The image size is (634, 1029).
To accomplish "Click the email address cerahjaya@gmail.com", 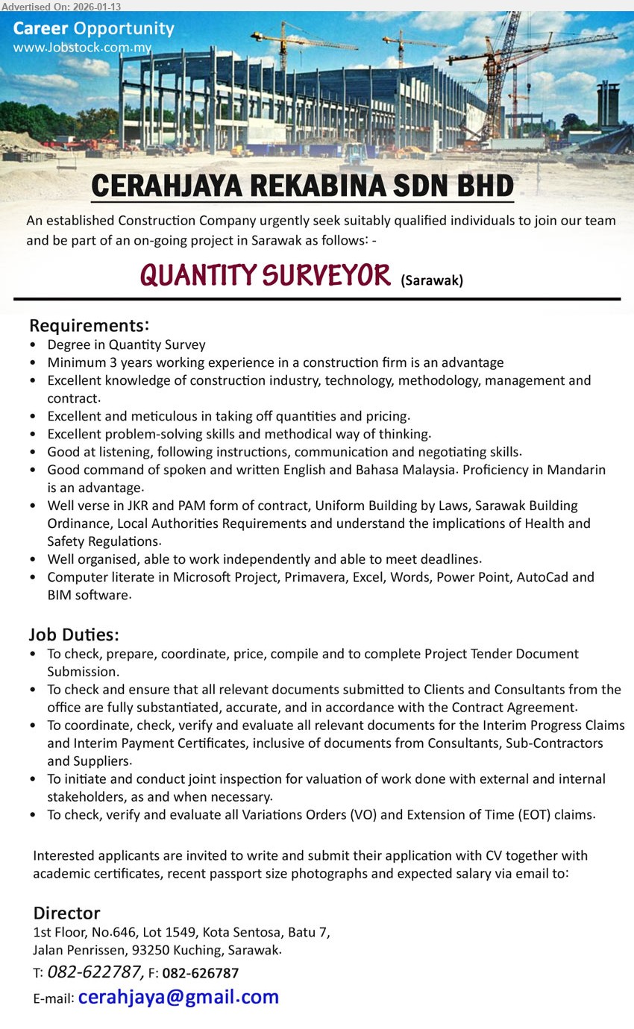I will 178,997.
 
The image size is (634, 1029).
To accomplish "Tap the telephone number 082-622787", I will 95,972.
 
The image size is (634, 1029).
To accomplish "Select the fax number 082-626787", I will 201,973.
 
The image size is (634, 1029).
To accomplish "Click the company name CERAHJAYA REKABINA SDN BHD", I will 302,186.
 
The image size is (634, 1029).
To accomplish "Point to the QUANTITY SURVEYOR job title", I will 265,275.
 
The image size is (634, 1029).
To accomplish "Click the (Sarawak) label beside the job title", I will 432,280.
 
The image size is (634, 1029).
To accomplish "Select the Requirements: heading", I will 89,326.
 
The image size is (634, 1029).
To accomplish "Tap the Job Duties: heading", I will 74,635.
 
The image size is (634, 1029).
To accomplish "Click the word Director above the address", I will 66,913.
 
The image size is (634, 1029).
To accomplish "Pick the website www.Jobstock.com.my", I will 82,48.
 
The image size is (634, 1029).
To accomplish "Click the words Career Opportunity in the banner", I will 93,29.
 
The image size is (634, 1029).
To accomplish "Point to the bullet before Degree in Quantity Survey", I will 33,345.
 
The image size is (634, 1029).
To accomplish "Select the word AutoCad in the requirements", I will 549,576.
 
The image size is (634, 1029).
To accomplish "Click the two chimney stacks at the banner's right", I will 608,104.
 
